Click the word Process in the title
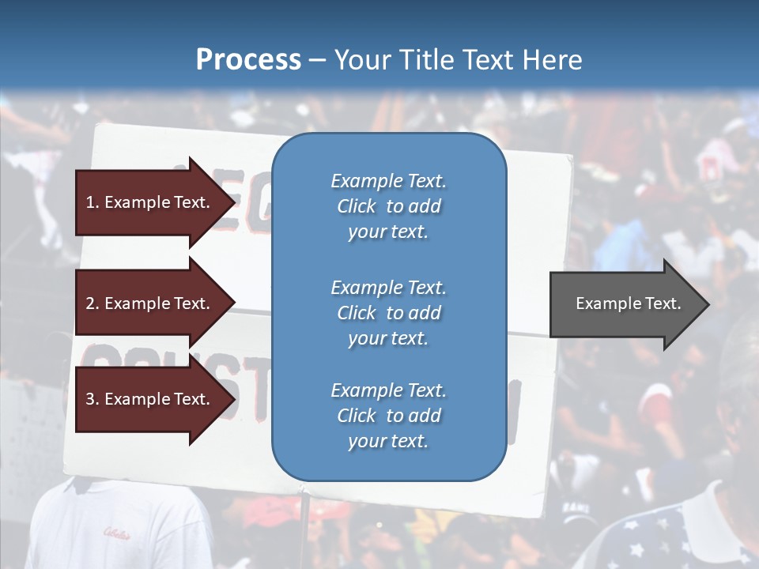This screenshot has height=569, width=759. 248,60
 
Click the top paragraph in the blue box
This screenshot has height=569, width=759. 388,206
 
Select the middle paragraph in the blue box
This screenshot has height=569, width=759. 388,312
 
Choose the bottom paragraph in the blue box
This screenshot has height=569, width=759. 388,416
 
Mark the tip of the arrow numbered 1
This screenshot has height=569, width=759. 234,202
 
